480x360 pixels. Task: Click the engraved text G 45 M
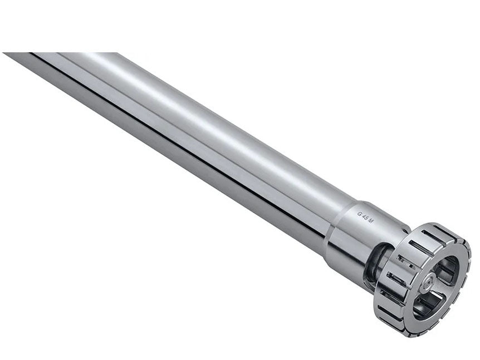pyautogui.click(x=365, y=216)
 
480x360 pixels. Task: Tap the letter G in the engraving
pyautogui.click(x=359, y=213)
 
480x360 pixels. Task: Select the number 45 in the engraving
pyautogui.click(x=365, y=216)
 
